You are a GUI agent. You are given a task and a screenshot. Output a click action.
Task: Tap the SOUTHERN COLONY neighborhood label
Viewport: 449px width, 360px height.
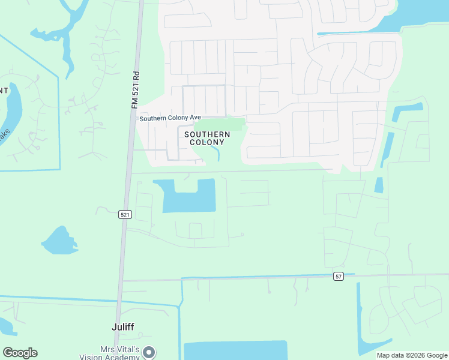(x=204, y=138)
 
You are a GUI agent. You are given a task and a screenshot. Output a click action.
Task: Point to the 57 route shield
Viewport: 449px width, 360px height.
(x=339, y=275)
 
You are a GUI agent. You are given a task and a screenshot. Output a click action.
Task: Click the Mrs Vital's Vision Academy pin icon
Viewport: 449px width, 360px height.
(x=149, y=352)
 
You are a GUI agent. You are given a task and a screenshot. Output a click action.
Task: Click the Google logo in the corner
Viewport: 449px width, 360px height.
(x=20, y=353)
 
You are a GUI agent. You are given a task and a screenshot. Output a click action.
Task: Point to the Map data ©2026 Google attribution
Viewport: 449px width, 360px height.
(x=412, y=355)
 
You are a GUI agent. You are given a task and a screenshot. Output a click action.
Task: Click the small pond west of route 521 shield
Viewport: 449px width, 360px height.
(x=59, y=241)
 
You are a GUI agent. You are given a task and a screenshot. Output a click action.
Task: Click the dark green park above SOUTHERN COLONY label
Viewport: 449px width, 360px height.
(x=221, y=124)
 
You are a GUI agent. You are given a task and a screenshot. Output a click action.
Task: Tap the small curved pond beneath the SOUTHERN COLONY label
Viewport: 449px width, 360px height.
(x=217, y=154)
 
